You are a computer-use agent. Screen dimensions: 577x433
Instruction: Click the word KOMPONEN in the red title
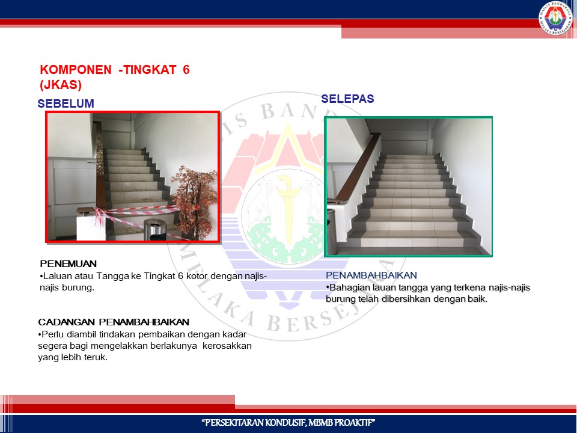coord(76,70)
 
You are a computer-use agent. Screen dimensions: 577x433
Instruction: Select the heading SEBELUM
coord(66,103)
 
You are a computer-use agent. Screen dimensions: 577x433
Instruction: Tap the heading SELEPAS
coord(348,99)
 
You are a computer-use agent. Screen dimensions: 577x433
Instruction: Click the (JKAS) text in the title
coord(61,85)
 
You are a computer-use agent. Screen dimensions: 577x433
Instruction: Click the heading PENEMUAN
coord(69,263)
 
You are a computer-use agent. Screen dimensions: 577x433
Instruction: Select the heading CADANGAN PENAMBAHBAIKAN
coord(114,322)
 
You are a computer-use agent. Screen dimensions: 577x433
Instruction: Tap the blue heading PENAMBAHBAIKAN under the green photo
coord(371,275)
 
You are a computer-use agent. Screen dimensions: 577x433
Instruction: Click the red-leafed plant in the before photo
coord(195,201)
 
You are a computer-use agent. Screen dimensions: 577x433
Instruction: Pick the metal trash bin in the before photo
coord(154,230)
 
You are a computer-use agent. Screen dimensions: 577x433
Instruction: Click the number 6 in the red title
coord(186,70)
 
